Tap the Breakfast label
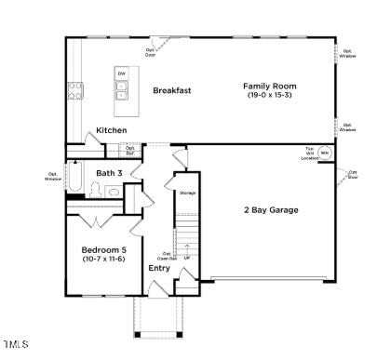(171, 90)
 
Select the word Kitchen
(112, 130)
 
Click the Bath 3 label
(109, 173)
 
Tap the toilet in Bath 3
(94, 190)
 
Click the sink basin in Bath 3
(113, 193)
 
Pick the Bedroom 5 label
(103, 250)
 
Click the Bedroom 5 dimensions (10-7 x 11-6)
(103, 260)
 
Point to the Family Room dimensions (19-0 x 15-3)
(270, 95)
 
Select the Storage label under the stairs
(186, 193)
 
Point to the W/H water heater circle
(324, 153)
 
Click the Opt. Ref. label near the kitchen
(130, 149)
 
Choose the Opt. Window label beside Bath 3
(52, 175)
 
